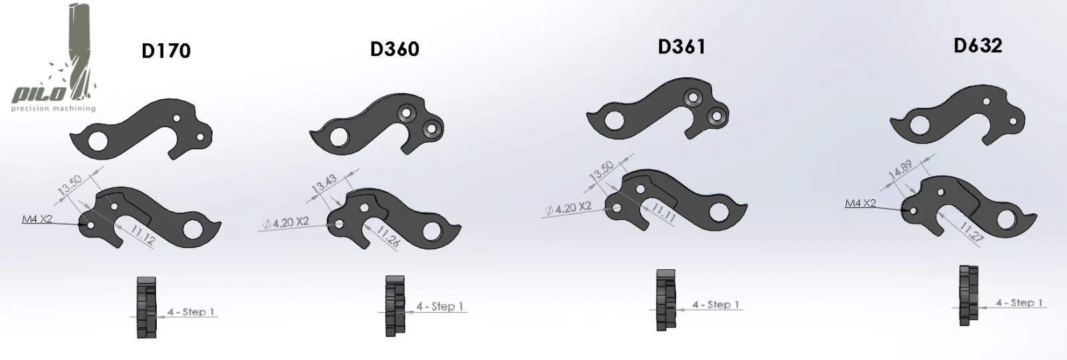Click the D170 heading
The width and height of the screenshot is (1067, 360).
[x=166, y=51]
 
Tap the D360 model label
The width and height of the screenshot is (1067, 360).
[x=394, y=49]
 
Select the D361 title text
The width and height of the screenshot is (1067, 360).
[x=682, y=47]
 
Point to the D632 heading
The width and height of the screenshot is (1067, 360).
[x=978, y=45]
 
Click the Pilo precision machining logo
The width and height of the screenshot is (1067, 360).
[x=54, y=58]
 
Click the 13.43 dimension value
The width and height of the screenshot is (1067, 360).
[x=325, y=184]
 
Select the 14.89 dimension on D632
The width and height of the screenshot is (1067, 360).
[x=900, y=170]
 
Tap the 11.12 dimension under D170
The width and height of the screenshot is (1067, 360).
[x=143, y=235]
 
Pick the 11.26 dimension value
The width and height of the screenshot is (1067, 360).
[x=387, y=237]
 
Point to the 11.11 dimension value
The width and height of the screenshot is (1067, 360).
[x=663, y=213]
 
